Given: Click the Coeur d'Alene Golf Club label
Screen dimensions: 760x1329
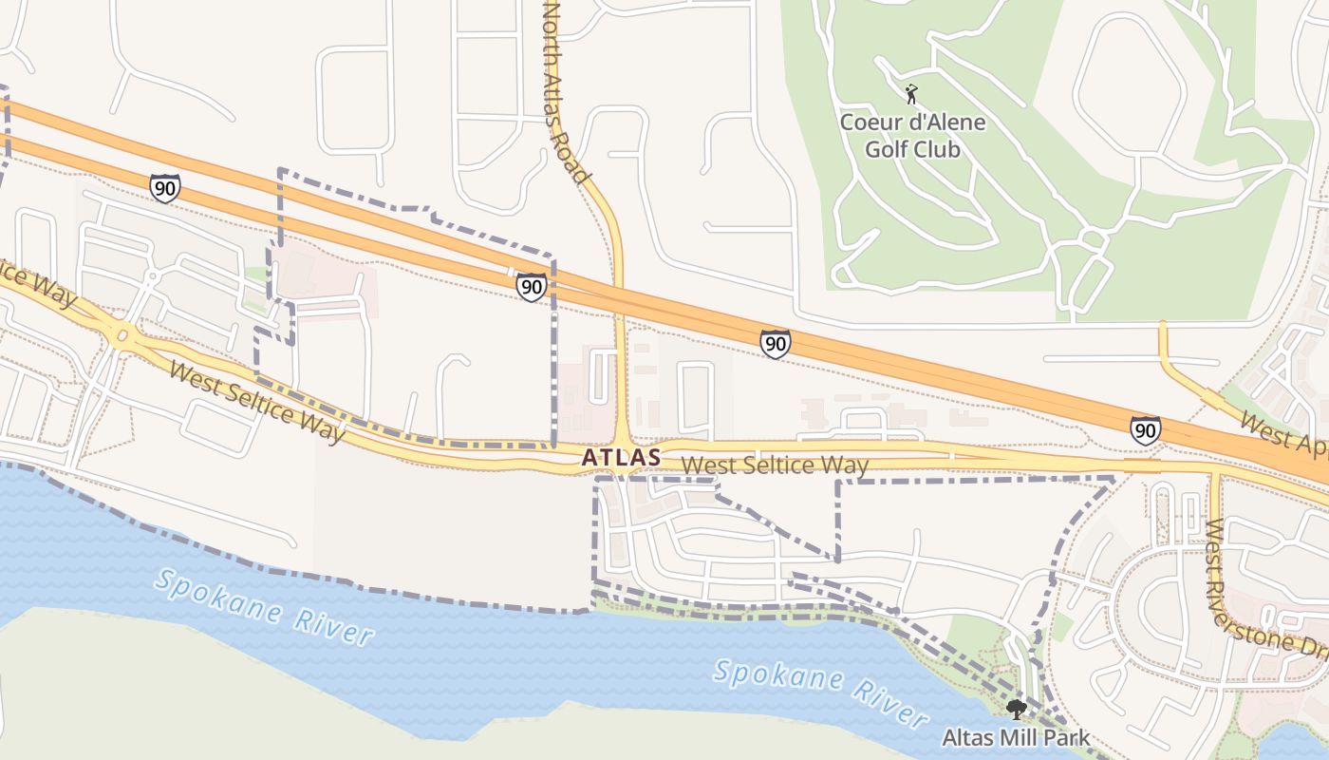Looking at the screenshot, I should click(912, 136).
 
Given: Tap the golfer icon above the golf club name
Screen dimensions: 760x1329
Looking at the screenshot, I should click(911, 94).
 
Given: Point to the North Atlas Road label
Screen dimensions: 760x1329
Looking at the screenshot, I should click(566, 91).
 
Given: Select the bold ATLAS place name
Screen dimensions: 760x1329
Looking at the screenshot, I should click(621, 457).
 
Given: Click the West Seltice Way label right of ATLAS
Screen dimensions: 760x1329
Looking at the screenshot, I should click(775, 465).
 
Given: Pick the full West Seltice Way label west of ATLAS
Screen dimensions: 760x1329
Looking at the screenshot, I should click(255, 402).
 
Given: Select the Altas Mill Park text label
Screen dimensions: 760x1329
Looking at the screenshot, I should click(1016, 737).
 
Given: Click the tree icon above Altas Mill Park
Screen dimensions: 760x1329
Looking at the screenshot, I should click(1017, 709).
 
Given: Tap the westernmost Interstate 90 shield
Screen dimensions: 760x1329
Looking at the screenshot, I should click(164, 188).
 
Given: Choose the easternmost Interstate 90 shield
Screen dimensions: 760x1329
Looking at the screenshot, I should click(1146, 430).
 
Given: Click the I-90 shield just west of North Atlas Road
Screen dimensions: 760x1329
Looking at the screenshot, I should click(532, 287).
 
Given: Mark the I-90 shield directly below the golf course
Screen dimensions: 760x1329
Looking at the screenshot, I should click(776, 344).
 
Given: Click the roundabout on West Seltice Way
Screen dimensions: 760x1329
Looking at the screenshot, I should click(122, 334).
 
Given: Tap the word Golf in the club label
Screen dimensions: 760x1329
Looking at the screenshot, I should click(885, 149).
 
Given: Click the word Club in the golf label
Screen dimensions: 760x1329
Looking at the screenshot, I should click(936, 149).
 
